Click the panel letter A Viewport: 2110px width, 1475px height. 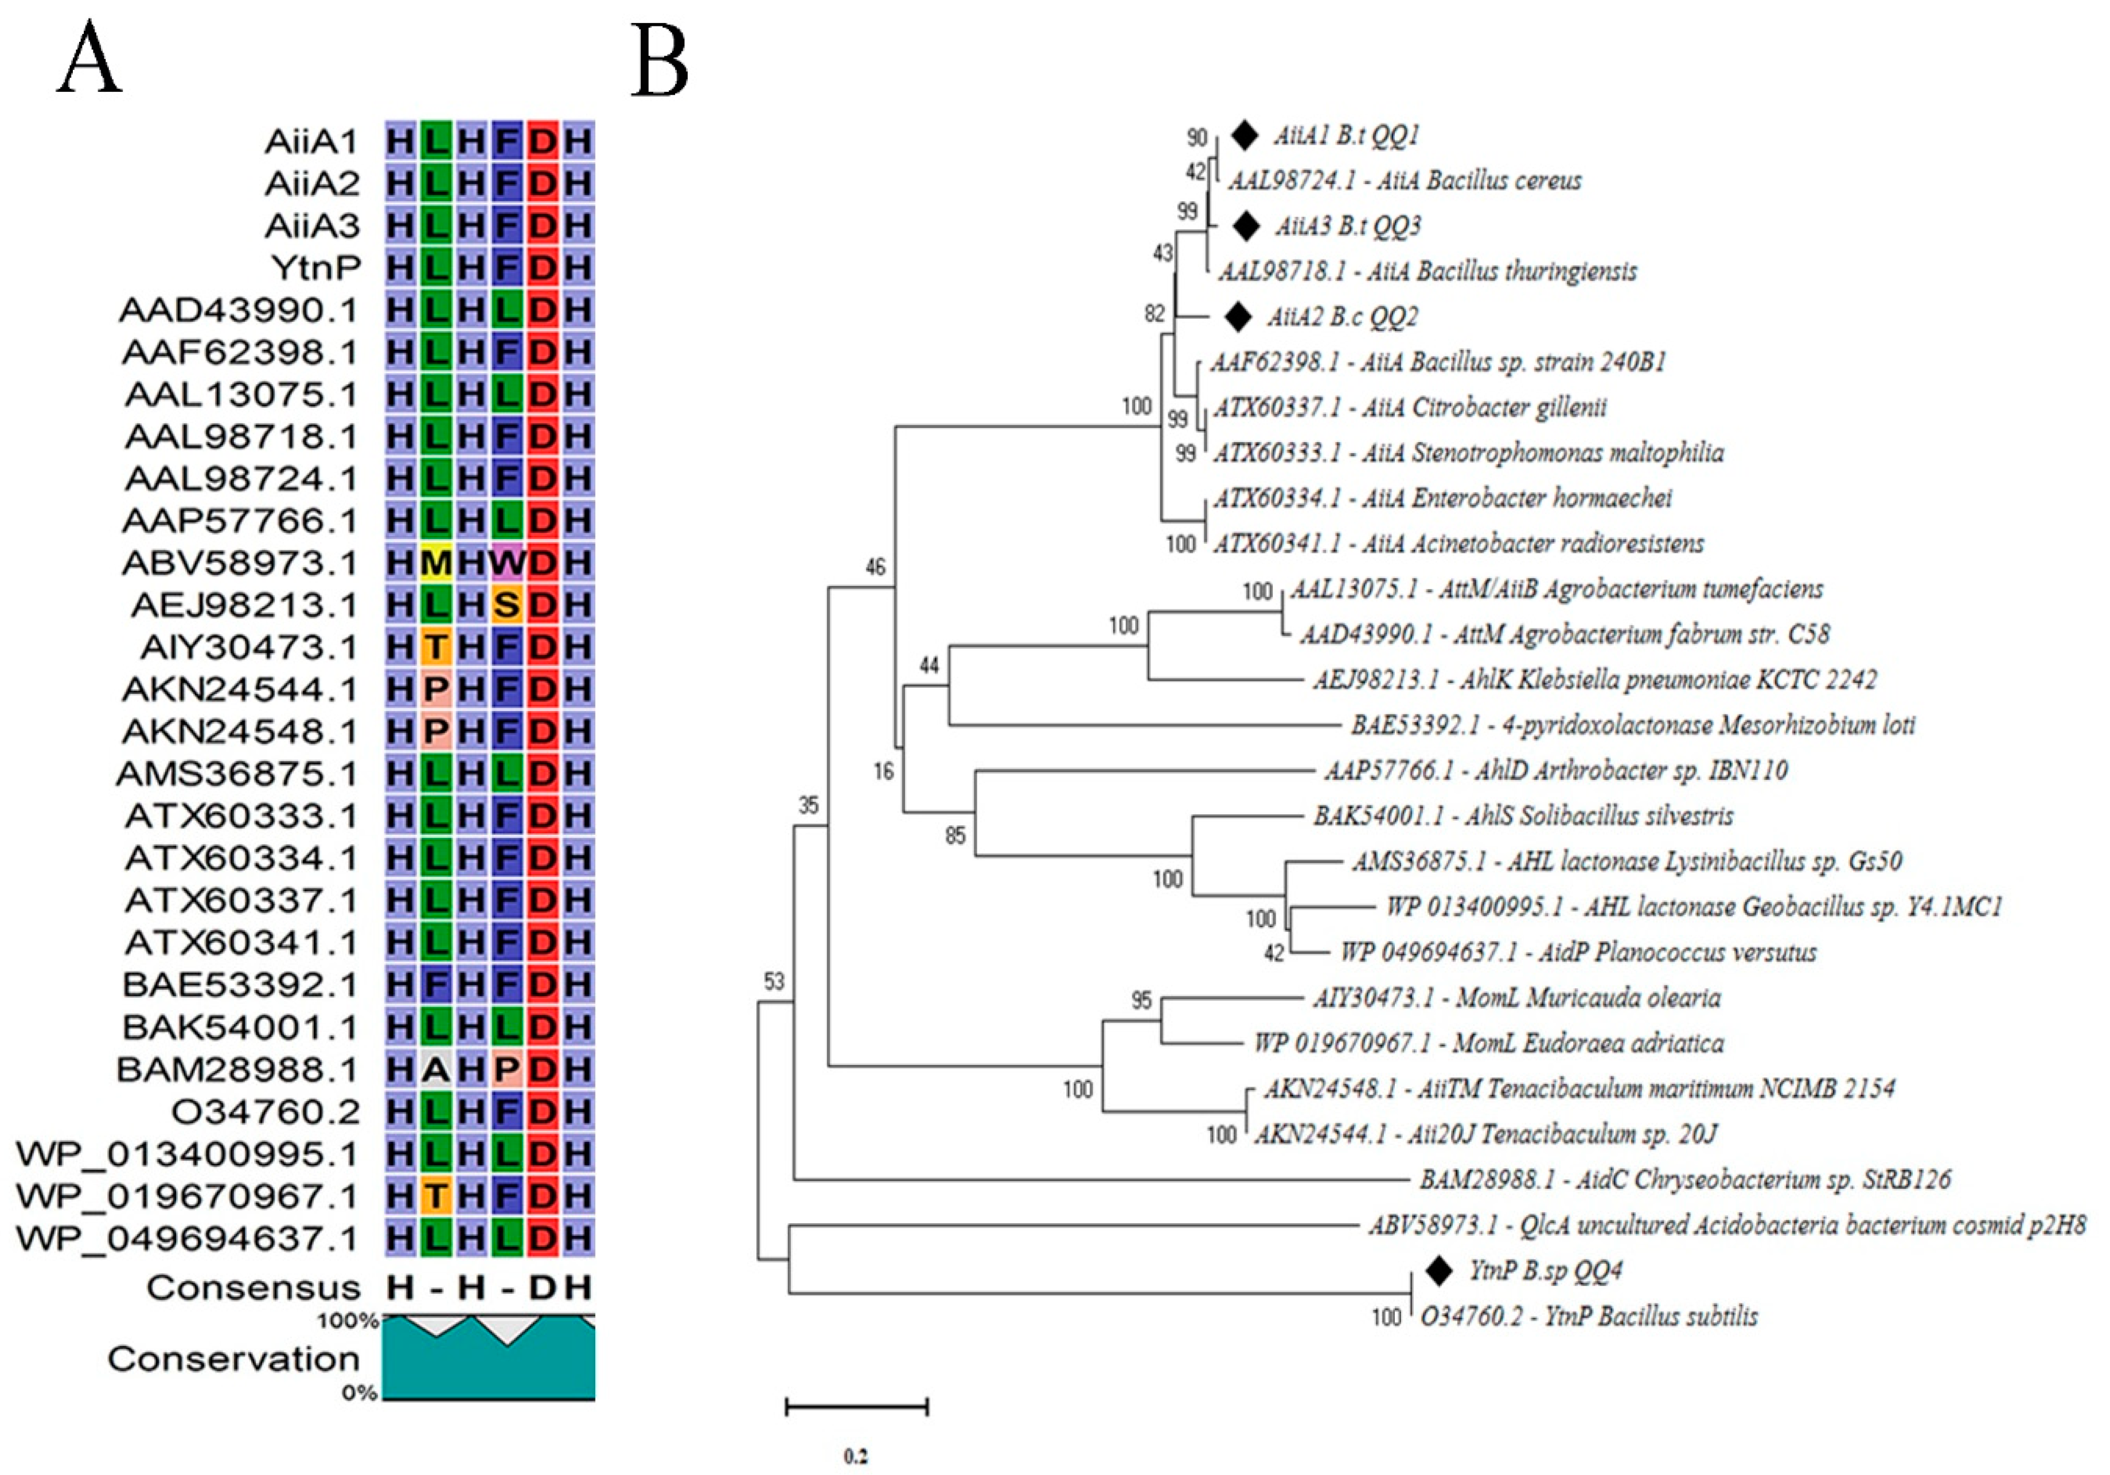89,60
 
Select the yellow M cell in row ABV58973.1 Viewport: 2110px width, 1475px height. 436,563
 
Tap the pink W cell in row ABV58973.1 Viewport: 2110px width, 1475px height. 507,563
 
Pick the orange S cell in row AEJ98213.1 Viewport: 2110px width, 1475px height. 507,604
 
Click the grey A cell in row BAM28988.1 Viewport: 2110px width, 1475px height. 436,1070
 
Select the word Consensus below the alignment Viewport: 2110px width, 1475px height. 253,1287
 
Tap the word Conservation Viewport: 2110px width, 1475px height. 233,1358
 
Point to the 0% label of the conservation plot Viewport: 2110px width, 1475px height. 360,1393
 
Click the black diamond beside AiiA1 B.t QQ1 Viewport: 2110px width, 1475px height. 1245,136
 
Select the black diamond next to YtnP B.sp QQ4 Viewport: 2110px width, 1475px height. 1438,1270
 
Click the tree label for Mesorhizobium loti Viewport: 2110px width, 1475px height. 1632,725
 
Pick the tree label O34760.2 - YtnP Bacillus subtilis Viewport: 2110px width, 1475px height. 1588,1316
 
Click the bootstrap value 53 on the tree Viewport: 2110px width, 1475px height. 774,981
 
